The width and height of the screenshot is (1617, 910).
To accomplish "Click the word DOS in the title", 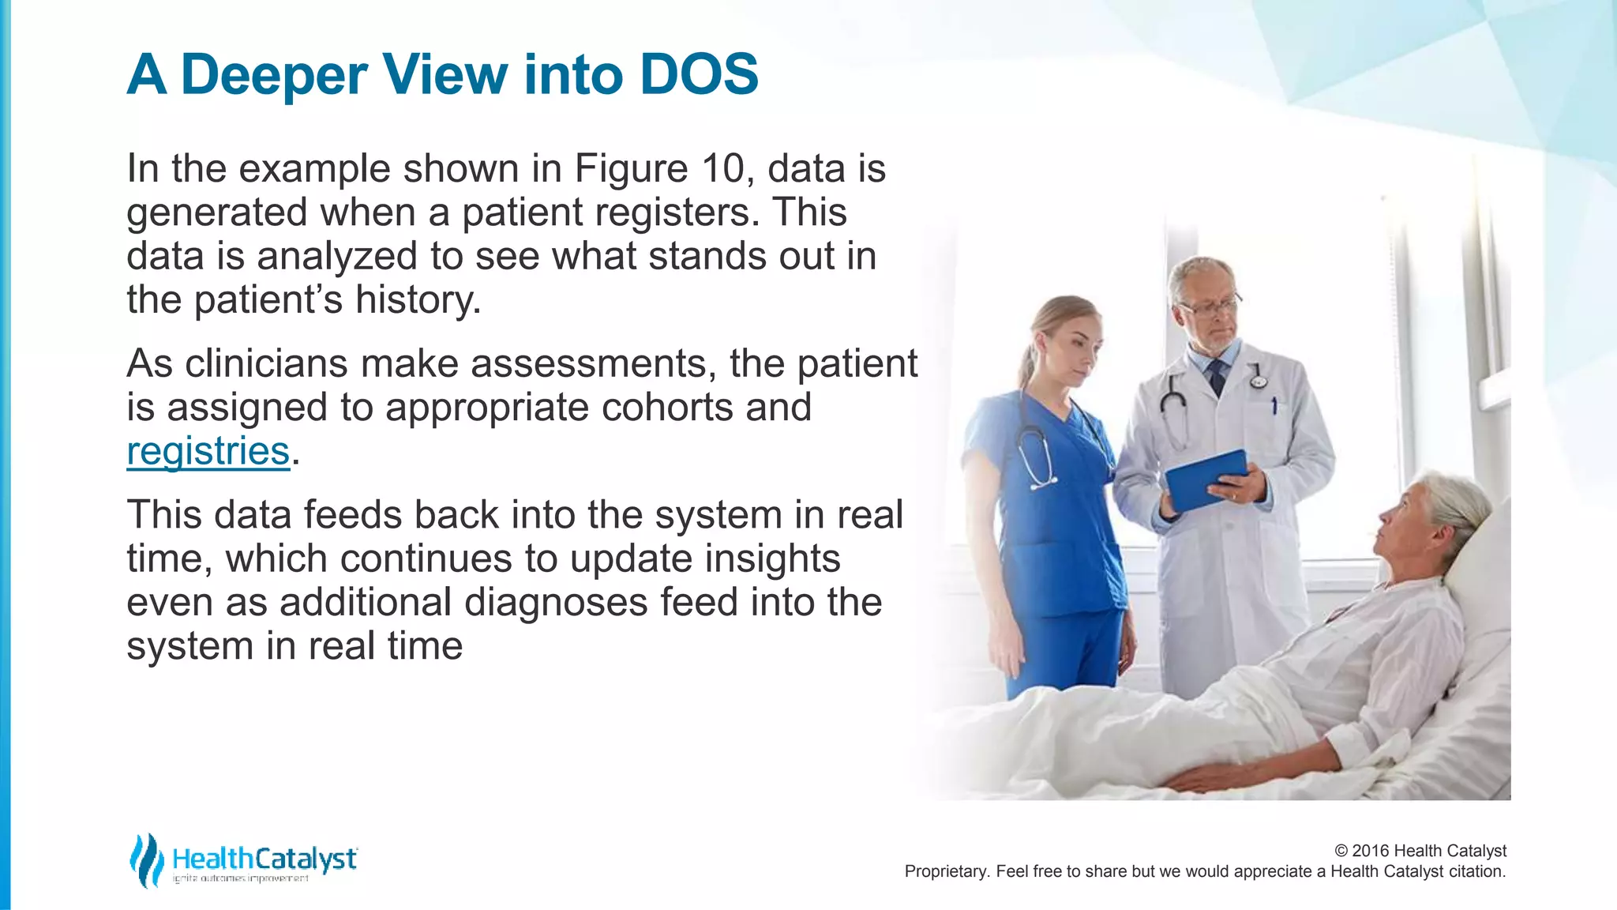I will [698, 75].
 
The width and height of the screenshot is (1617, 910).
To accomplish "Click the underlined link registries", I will [208, 451].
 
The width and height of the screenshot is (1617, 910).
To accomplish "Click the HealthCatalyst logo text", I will [264, 859].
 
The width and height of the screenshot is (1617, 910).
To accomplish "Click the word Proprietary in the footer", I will [944, 871].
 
